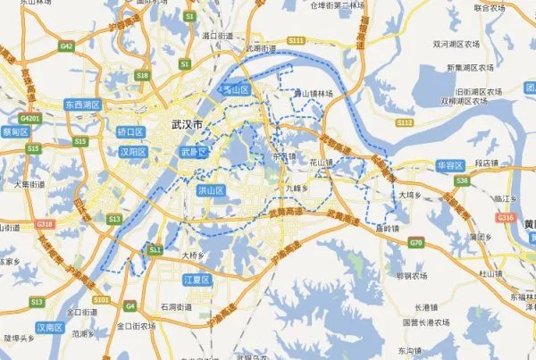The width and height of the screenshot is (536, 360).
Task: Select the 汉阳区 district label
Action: click(x=131, y=152)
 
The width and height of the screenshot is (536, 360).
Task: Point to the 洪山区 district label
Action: click(x=211, y=190)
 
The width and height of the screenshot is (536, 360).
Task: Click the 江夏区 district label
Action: click(x=195, y=280)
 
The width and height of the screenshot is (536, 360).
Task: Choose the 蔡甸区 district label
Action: click(x=16, y=130)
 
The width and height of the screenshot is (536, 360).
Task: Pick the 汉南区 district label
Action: click(x=50, y=327)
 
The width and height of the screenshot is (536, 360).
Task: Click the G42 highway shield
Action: click(x=67, y=45)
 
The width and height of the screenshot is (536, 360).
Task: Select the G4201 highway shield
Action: click(x=29, y=117)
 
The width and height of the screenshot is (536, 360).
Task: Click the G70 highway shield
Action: click(x=416, y=242)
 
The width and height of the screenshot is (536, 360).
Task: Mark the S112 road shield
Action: click(x=405, y=121)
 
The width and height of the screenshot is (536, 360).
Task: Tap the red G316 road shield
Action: click(x=506, y=217)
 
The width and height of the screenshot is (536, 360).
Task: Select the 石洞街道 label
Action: click(x=176, y=306)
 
